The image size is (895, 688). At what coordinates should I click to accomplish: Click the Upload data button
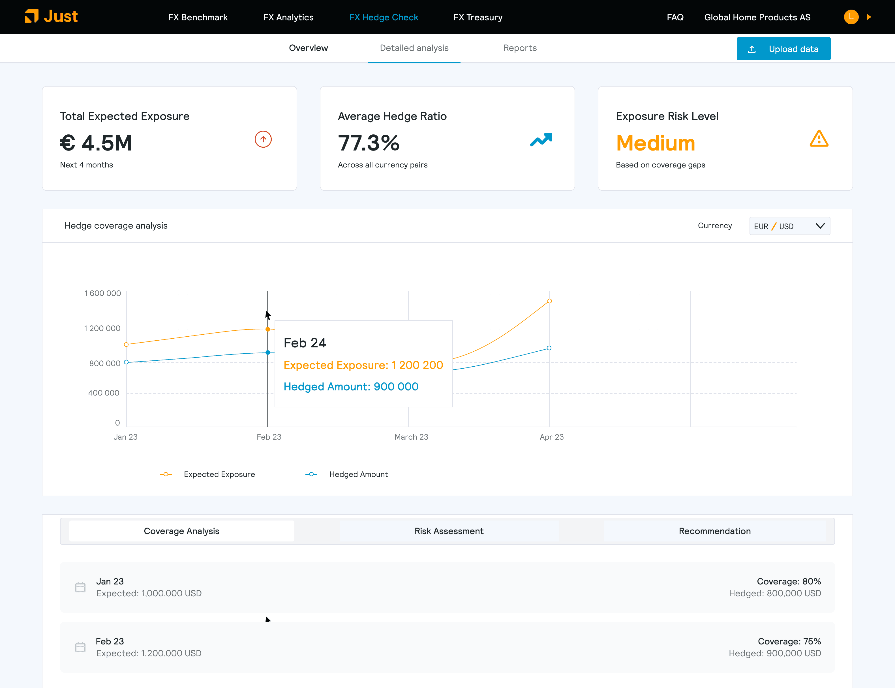(x=783, y=49)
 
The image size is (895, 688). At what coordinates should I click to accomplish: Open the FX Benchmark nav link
(x=198, y=17)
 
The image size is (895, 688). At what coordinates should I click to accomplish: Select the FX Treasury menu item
(x=478, y=17)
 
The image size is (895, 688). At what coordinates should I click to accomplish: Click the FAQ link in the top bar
(x=675, y=17)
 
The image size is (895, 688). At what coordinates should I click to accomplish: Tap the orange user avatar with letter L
(x=851, y=17)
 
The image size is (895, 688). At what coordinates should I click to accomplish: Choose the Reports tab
(x=520, y=48)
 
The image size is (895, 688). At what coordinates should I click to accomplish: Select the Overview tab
(x=308, y=48)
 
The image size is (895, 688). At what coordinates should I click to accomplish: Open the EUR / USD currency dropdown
(x=789, y=226)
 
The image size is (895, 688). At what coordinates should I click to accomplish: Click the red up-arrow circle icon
(x=263, y=139)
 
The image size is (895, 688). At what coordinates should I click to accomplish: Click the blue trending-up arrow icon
(x=541, y=140)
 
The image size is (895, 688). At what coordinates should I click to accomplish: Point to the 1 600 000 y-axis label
(x=102, y=293)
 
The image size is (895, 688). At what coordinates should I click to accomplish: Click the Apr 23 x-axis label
(x=552, y=437)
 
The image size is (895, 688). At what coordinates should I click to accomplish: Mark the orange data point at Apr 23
(x=550, y=301)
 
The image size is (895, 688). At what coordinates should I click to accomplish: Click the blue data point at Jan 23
(x=126, y=362)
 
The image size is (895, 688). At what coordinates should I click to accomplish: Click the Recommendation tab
(x=715, y=531)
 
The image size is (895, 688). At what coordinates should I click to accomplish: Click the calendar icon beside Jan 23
(x=80, y=587)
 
